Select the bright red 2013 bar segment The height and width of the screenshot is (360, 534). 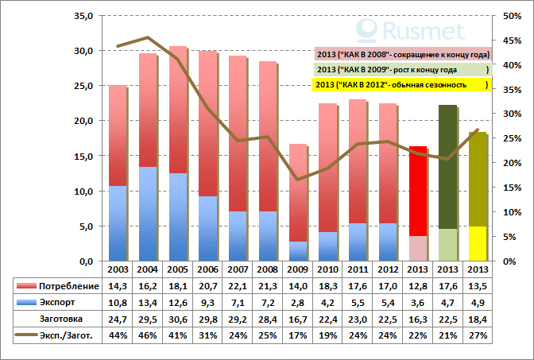(419, 191)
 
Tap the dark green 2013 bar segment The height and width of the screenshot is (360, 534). (448, 166)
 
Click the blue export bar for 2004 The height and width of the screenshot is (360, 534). (147, 214)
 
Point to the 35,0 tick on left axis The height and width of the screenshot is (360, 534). (83, 16)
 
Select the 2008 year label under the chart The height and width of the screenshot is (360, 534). (268, 270)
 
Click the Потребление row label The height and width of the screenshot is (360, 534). (70, 286)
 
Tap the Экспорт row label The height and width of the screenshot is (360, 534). (64, 303)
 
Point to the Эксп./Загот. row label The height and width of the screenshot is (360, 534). (70, 336)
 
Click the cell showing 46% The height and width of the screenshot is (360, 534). (148, 336)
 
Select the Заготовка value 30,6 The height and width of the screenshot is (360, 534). (178, 319)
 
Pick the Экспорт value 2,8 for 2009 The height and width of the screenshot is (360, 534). (298, 303)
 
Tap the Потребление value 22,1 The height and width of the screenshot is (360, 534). (238, 286)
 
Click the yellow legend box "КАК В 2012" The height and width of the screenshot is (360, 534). (402, 84)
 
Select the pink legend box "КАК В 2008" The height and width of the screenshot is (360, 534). (402, 54)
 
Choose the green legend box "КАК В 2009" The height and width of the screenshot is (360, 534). (402, 69)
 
